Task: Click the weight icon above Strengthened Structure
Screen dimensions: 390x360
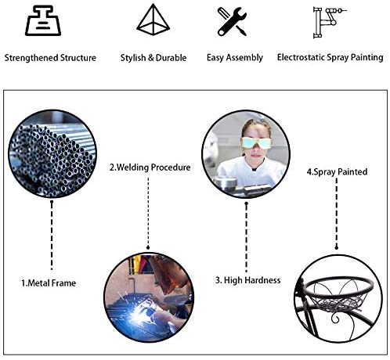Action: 43,20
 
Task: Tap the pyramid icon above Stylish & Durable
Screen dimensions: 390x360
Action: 153,20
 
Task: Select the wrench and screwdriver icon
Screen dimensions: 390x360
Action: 232,21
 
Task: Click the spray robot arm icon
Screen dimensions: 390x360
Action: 330,23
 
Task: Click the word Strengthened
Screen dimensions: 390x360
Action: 31,58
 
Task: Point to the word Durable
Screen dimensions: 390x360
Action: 172,57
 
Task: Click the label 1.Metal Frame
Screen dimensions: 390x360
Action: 49,283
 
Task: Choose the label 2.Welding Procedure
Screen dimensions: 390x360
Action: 150,167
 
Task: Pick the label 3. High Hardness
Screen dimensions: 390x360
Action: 248,280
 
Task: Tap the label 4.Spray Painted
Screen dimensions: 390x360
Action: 337,171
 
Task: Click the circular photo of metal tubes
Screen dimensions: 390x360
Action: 52,153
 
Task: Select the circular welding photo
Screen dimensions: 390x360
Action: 149,297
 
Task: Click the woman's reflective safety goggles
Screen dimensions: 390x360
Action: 256,142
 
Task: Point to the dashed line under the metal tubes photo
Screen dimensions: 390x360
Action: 52,235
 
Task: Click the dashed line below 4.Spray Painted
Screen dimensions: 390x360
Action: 337,213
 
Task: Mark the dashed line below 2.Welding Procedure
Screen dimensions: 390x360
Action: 148,214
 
